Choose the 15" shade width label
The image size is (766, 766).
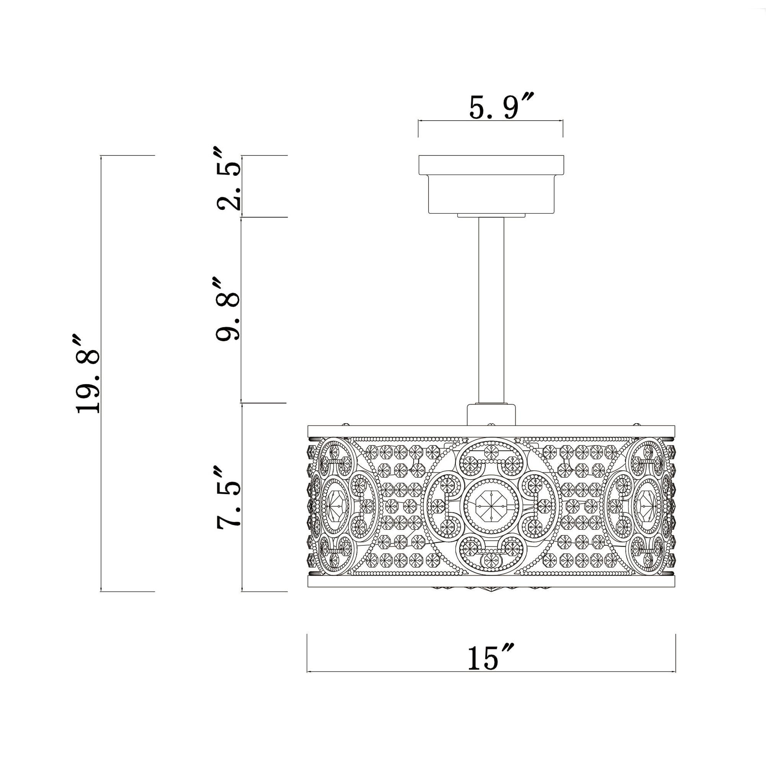click(490, 658)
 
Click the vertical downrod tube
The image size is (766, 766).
click(491, 309)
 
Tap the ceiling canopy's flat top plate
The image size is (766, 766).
click(491, 165)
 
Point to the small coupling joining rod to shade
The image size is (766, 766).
click(491, 415)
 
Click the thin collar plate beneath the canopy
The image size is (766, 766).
click(491, 215)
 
